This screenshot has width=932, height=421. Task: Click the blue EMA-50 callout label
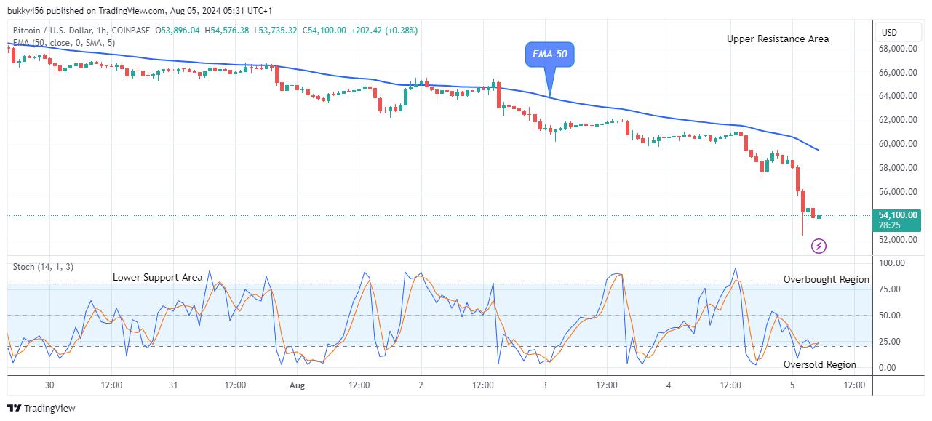pos(549,55)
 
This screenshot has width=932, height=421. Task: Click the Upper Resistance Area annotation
pos(777,39)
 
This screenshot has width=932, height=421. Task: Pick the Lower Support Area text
pos(157,278)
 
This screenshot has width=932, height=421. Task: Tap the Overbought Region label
pos(826,280)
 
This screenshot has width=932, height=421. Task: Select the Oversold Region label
pos(819,365)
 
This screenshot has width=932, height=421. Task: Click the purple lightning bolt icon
pos(819,246)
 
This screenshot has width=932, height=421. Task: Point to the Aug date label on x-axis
pos(297,385)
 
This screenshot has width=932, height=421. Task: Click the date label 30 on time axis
pos(49,385)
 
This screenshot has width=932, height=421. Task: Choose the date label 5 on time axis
pos(792,385)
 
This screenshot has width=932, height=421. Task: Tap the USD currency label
pos(889,33)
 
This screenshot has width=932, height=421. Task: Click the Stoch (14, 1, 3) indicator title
pos(42,267)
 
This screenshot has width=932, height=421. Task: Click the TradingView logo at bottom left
pos(41,409)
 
